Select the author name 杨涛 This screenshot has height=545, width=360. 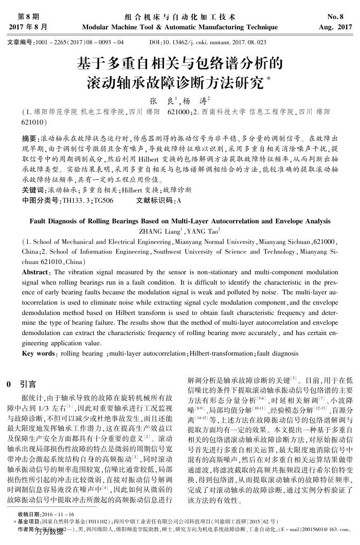coord(194,101)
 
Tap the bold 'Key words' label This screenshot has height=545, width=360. coord(39,354)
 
